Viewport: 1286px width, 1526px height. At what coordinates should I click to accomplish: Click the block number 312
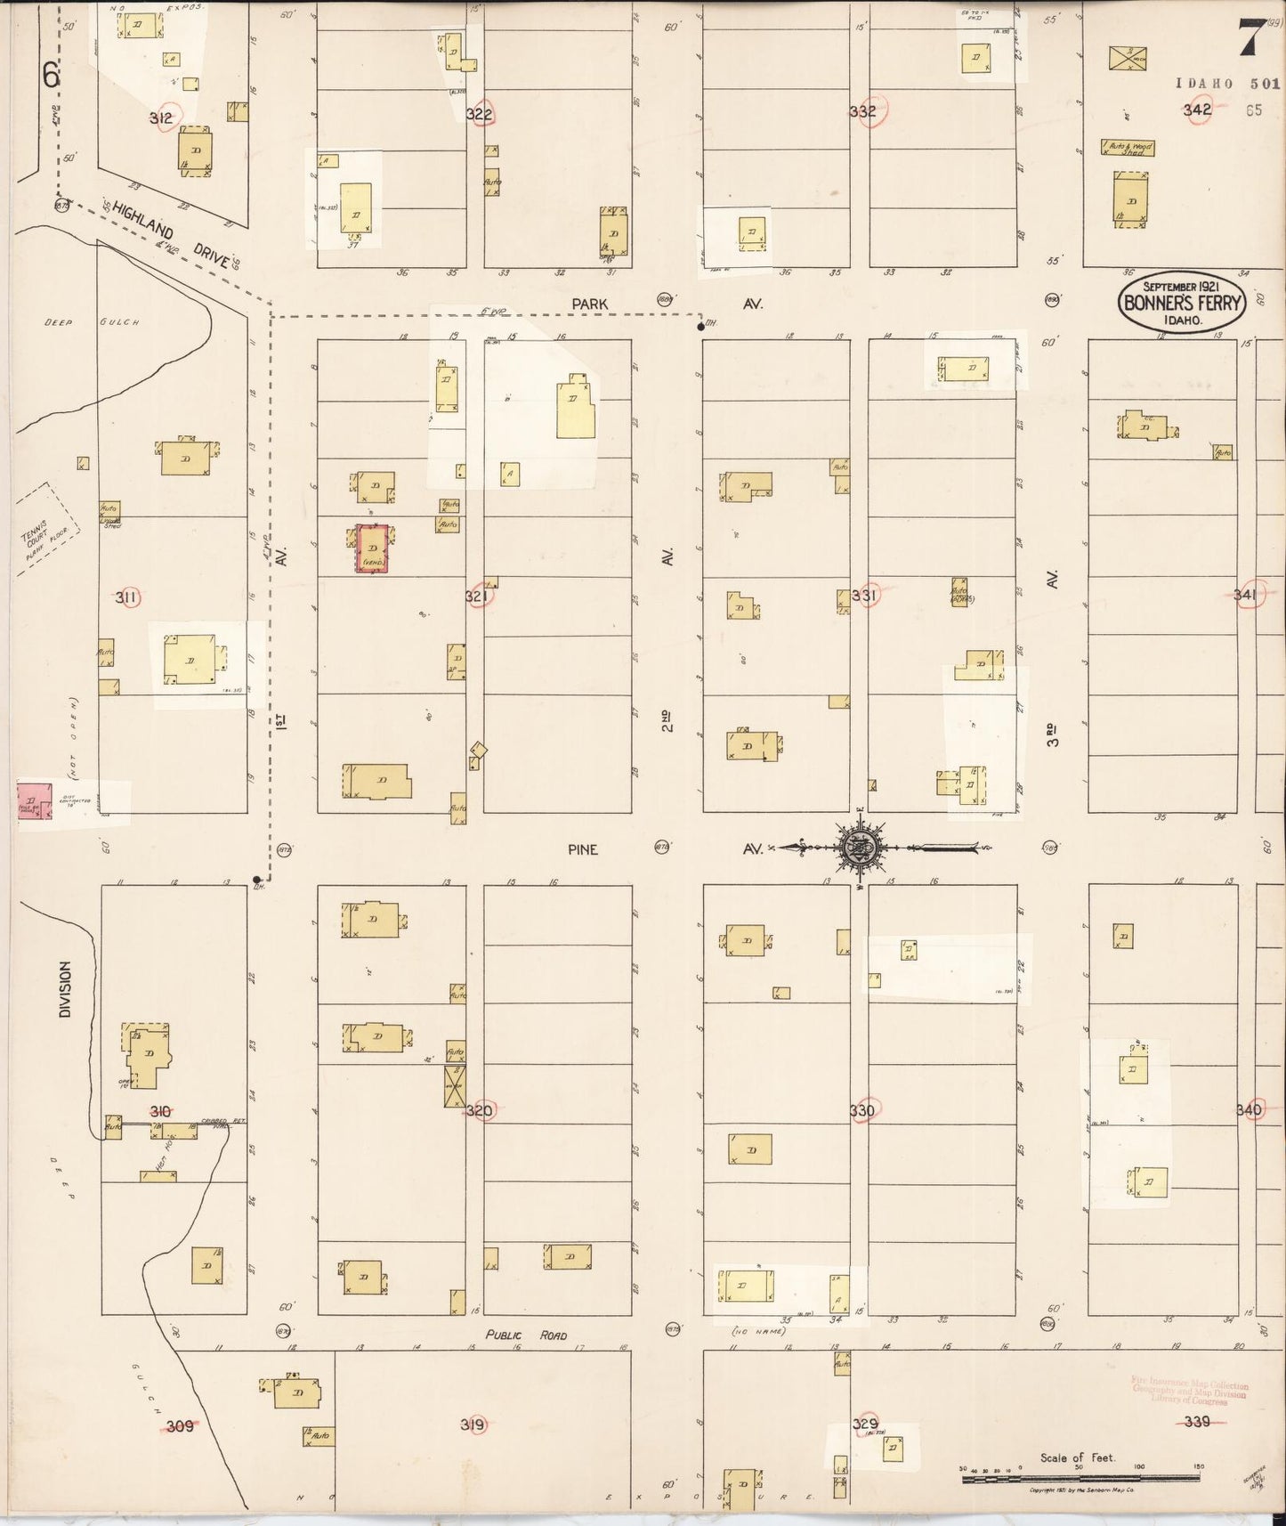(x=161, y=117)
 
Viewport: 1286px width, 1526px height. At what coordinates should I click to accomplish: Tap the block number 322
(x=479, y=114)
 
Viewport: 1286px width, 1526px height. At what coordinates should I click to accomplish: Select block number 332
(x=862, y=111)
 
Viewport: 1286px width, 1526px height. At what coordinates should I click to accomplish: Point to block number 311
(x=126, y=597)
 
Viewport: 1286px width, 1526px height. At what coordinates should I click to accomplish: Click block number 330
(x=861, y=1110)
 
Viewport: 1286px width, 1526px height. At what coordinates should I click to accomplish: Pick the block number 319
(x=473, y=1425)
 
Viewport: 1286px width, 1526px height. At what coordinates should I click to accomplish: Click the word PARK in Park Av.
(x=590, y=304)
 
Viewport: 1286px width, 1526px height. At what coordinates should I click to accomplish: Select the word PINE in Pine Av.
(x=583, y=849)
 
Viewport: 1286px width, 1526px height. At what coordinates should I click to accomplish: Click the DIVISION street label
(x=64, y=989)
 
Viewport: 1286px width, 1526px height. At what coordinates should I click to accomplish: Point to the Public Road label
(x=525, y=1335)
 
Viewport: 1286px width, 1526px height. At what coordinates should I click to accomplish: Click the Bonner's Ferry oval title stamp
(x=1182, y=302)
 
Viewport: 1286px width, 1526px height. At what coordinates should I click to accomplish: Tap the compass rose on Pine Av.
(x=860, y=848)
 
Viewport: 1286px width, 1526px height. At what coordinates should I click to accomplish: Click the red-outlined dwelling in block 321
(x=372, y=548)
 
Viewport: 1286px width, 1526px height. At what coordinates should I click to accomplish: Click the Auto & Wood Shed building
(x=1128, y=148)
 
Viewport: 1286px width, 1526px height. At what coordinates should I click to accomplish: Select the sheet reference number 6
(x=51, y=77)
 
